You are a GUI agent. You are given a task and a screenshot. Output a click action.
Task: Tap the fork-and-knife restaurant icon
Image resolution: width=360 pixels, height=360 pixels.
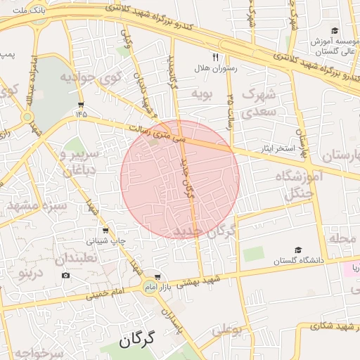coord(215,57)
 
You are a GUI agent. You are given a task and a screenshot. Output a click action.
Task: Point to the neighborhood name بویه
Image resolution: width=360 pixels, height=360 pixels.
coord(202,93)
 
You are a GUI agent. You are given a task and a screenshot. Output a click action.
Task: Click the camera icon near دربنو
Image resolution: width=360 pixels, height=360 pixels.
coord(65,274)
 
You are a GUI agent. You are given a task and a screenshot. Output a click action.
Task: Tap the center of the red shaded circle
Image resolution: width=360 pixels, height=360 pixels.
coord(180,179)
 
